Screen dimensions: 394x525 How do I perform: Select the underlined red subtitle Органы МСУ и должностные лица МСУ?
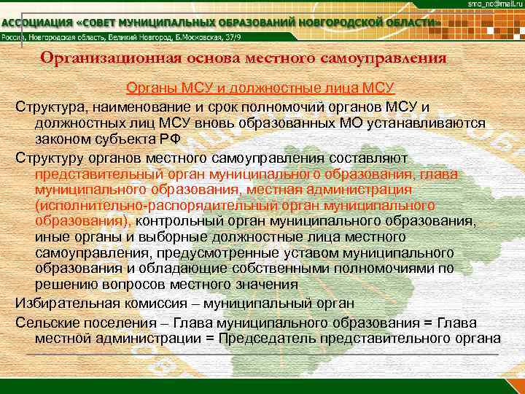(x=260, y=88)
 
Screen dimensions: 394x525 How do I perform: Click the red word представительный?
(x=99, y=174)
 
